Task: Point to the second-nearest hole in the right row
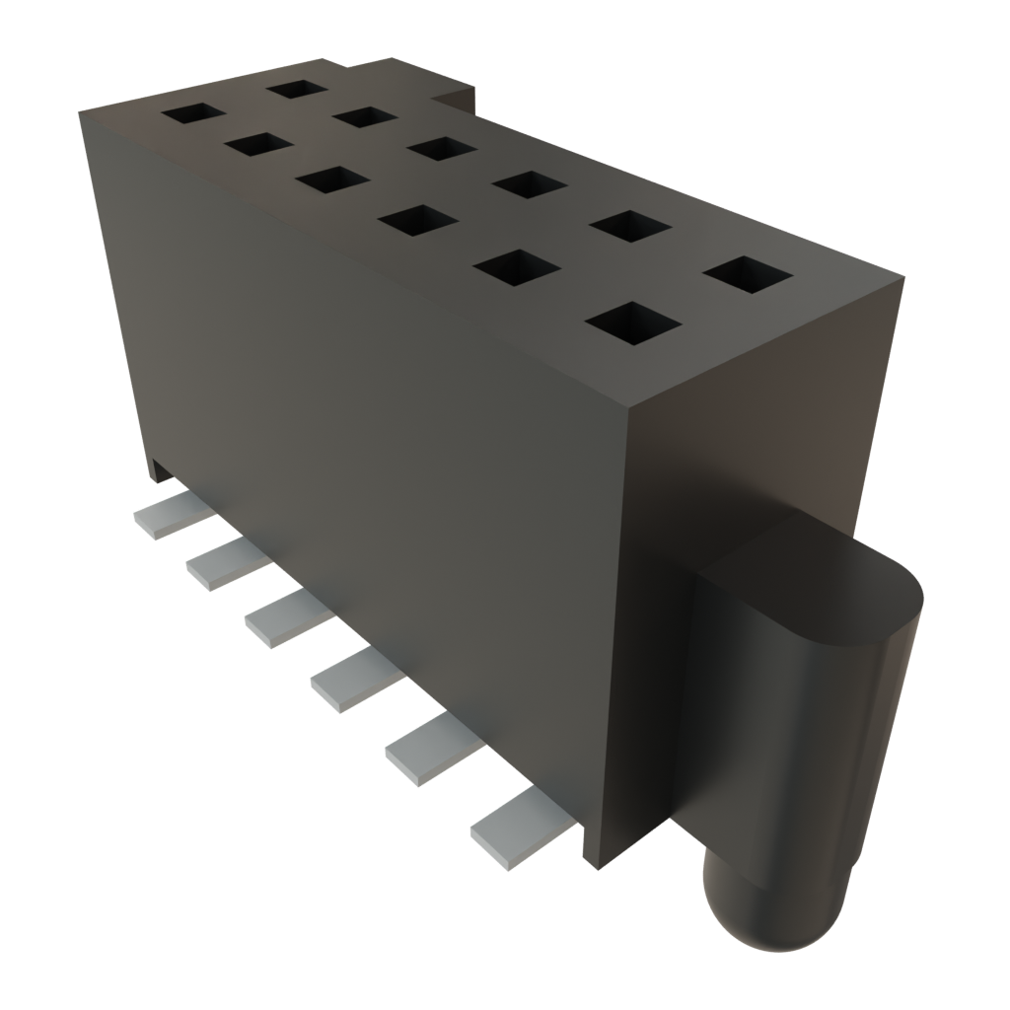[x=632, y=226]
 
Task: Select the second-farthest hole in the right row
[x=364, y=116]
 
